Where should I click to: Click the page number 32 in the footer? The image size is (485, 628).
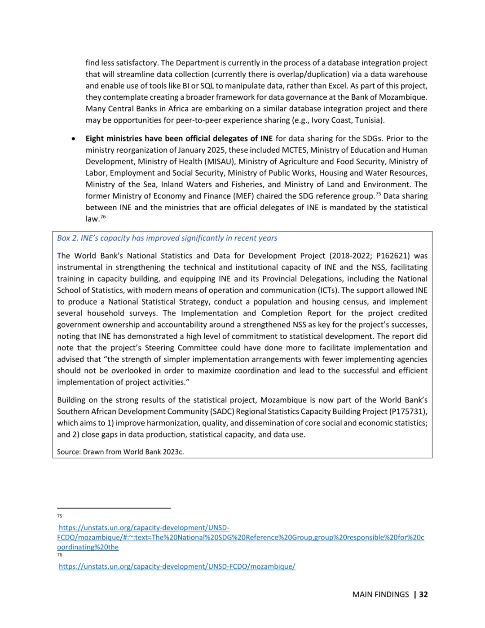pyautogui.click(x=423, y=594)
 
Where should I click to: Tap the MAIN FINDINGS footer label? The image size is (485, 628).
pyautogui.click(x=380, y=594)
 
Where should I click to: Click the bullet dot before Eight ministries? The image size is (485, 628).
pyautogui.click(x=73, y=139)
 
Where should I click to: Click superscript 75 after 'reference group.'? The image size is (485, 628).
pyautogui.click(x=378, y=194)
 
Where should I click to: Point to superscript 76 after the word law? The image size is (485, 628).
pyautogui.click(x=103, y=217)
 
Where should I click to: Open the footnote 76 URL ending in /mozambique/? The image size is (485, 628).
pyautogui.click(x=177, y=566)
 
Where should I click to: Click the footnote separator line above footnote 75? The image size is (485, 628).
pyautogui.click(x=114, y=508)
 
